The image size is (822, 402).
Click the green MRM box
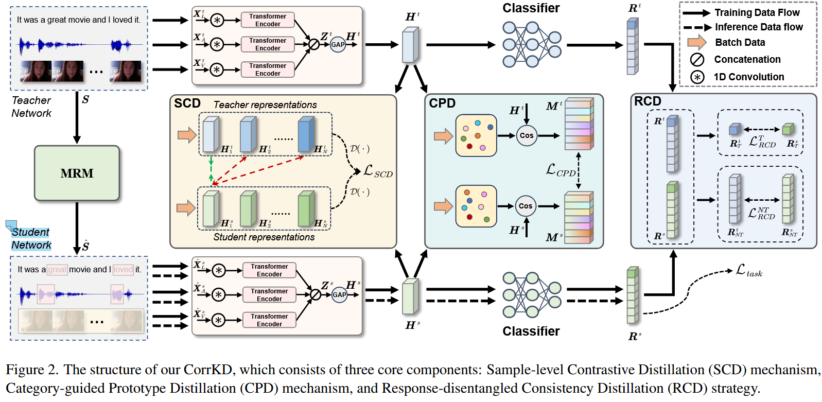77,173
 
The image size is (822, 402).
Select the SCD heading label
187,103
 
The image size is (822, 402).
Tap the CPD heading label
442,103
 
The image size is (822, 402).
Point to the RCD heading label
647,101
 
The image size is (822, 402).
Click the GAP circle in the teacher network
338,44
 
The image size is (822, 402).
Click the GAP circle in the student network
339,295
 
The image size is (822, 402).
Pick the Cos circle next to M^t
526,135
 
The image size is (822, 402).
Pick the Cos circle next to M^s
525,206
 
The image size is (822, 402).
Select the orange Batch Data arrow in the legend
697,42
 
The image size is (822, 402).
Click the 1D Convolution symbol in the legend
697,77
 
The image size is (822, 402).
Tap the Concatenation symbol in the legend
697,60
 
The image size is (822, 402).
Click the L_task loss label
749,270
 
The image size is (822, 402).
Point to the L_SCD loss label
378,171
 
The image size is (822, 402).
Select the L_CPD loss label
561,170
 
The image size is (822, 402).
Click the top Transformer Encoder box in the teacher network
268,20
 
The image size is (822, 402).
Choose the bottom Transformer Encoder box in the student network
269,320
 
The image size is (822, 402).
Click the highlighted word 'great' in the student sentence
57,269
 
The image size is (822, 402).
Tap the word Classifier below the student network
531,331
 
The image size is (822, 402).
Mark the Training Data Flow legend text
757,12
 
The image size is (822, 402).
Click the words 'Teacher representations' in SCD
265,105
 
